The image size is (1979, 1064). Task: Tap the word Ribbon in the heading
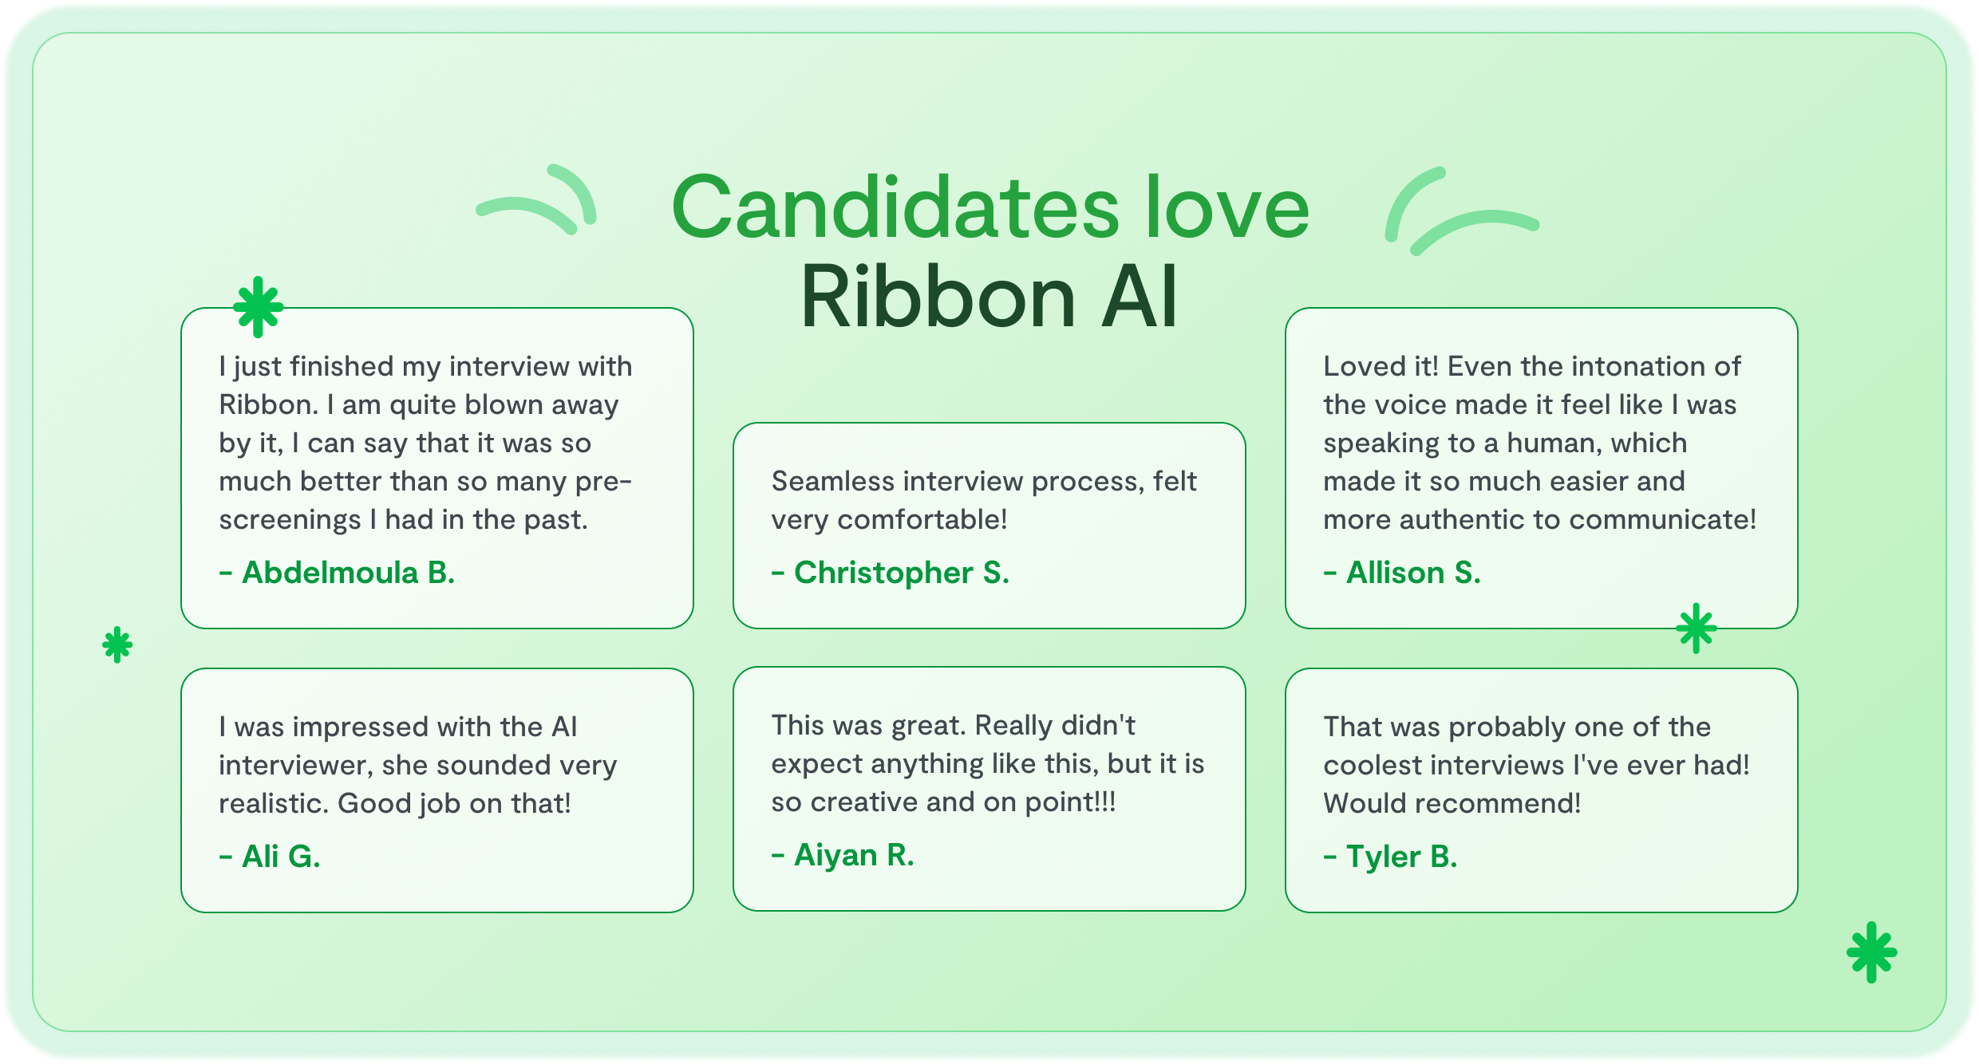938,297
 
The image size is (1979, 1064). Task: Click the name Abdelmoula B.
337,573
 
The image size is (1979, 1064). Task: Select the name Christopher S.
891,573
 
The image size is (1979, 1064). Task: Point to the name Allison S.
1402,573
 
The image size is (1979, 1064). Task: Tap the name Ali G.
270,857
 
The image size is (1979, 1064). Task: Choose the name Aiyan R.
843,855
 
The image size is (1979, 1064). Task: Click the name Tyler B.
1391,857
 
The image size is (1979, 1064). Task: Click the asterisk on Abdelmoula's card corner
258,307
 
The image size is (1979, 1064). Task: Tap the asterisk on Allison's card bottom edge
1697,628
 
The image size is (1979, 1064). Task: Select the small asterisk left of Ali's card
117,644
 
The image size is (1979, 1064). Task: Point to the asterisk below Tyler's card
1871,952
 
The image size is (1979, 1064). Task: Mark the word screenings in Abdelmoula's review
290,520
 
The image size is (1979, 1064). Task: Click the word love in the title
1227,207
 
